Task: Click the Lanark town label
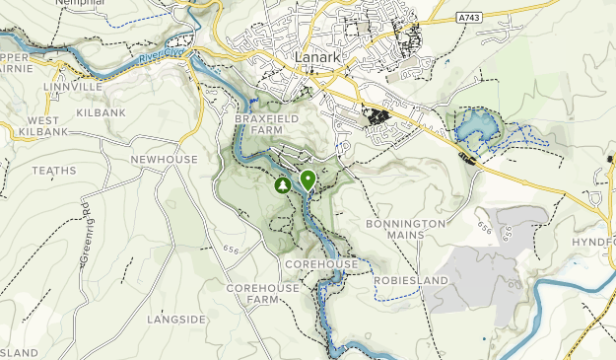tap(318, 58)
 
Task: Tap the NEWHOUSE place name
tap(164, 160)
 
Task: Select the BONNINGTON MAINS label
tap(405, 230)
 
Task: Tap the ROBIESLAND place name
tap(410, 280)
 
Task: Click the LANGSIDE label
tap(176, 320)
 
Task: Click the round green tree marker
tap(283, 184)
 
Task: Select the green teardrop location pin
tap(308, 180)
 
